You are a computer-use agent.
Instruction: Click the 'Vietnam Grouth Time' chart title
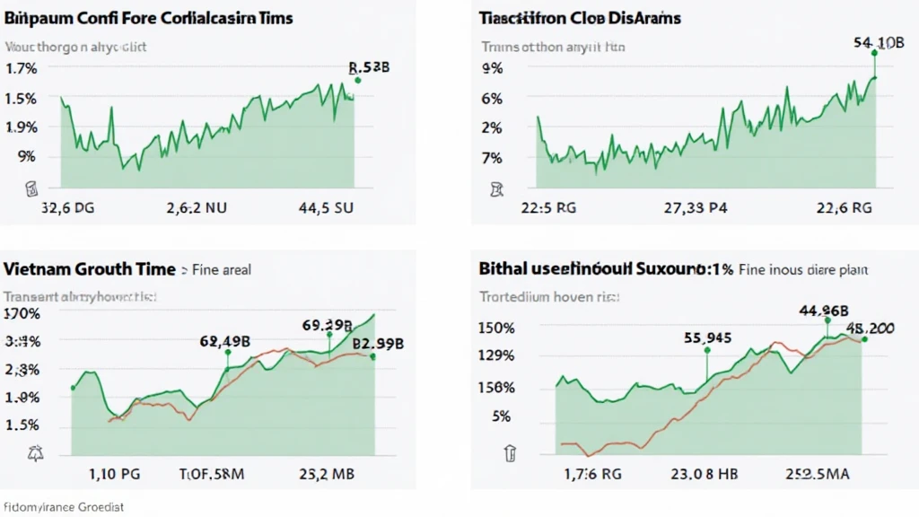click(90, 268)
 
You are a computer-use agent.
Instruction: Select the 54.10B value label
click(879, 42)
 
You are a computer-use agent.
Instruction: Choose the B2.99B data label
click(378, 343)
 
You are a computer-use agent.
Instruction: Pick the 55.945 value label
click(706, 337)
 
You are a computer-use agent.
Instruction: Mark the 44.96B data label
click(825, 311)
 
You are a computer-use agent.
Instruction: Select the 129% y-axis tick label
click(497, 355)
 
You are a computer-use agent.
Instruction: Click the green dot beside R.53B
click(358, 81)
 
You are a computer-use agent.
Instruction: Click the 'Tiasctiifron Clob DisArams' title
click(580, 18)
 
